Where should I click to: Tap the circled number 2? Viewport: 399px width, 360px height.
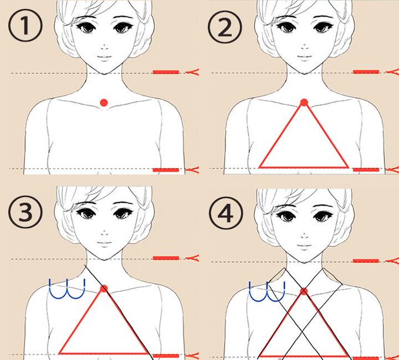click(x=225, y=27)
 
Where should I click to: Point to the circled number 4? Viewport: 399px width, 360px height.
click(x=226, y=213)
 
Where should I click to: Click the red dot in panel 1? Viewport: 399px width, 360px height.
click(x=104, y=103)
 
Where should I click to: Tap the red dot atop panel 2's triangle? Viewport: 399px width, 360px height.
click(x=304, y=103)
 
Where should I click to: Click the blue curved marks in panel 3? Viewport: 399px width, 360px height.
click(x=67, y=289)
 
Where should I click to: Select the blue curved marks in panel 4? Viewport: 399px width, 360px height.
click(x=267, y=291)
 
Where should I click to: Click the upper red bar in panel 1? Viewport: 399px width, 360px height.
click(x=166, y=72)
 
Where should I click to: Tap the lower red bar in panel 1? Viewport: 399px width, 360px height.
click(x=166, y=170)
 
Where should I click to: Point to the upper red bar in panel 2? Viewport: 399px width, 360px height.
click(x=366, y=72)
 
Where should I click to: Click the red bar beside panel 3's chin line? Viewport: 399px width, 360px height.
click(x=166, y=258)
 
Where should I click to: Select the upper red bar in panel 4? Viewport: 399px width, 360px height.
click(x=366, y=260)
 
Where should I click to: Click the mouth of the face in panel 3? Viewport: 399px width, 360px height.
click(x=104, y=243)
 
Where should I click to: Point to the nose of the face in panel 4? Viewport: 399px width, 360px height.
click(x=305, y=235)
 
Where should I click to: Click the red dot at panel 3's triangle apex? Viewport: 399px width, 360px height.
click(x=104, y=288)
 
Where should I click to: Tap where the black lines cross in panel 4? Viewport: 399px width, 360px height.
click(x=303, y=332)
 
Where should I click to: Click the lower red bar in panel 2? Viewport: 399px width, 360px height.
click(x=366, y=169)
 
